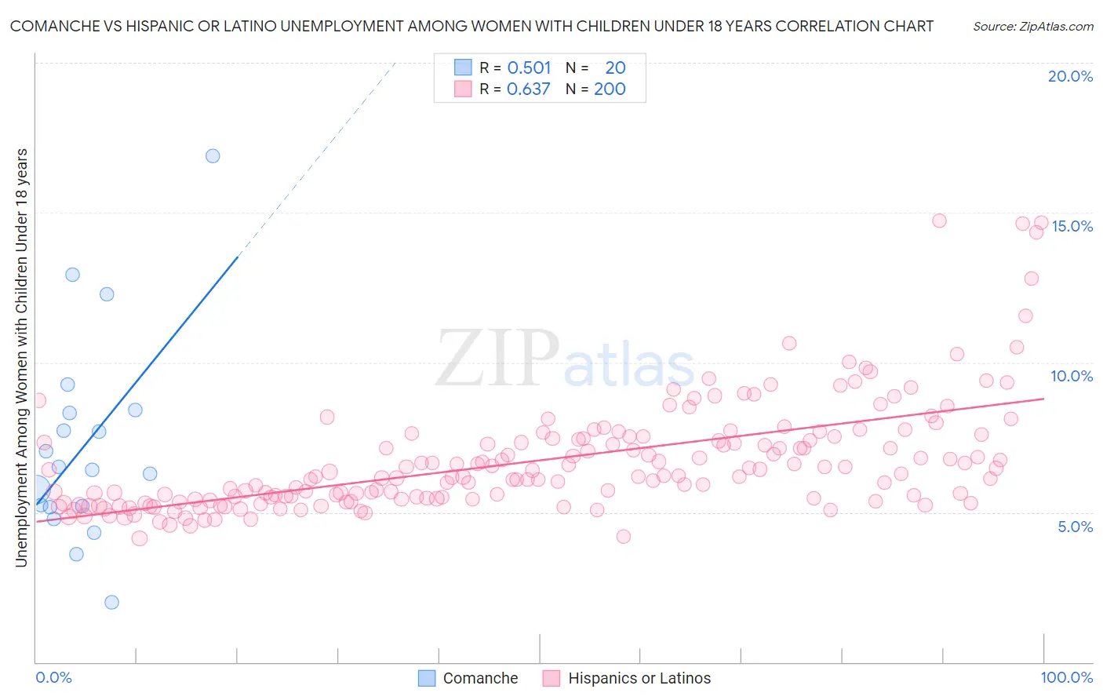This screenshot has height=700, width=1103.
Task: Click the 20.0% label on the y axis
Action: [1070, 76]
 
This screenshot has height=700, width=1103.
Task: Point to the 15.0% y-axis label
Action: [1072, 226]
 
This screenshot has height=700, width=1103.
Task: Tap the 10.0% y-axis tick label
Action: [1072, 376]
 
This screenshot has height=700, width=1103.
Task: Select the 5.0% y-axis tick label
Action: [1075, 527]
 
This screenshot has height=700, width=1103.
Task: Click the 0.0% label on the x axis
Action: [53, 677]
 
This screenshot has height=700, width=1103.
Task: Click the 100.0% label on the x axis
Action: [1066, 677]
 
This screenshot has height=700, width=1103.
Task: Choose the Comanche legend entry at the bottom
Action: [468, 678]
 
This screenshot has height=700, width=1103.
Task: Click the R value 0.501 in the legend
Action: [529, 68]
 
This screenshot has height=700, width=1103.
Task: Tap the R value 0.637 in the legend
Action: [529, 89]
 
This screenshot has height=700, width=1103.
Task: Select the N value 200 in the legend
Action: [610, 89]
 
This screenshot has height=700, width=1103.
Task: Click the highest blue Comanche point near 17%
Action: [213, 155]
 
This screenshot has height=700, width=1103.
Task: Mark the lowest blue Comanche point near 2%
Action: [111, 602]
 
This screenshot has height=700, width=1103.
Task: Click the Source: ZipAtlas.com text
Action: [1032, 26]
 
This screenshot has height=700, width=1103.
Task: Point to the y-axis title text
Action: [21, 357]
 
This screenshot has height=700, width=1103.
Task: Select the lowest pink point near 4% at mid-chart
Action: [624, 536]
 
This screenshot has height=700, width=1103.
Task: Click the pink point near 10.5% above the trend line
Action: [789, 343]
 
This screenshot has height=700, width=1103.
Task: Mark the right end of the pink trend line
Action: [1044, 399]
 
